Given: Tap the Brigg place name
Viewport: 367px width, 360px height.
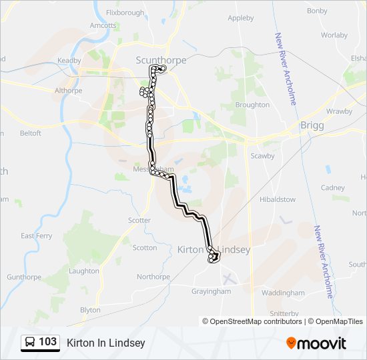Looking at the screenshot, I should pos(312,125).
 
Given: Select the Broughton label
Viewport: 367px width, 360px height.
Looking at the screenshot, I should pos(252,105).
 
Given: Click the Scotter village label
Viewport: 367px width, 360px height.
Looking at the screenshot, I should pos(139,220).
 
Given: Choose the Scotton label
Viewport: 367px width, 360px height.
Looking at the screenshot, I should pos(145,247).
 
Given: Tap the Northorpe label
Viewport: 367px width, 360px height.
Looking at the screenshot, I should pos(153,277).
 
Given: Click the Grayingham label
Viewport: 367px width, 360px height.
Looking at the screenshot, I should pos(211,291).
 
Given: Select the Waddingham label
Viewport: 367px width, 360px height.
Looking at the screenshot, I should pos(283,293).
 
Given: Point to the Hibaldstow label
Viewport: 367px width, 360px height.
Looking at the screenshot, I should pos(277,199).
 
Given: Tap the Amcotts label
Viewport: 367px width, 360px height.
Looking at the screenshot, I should pos(103,25).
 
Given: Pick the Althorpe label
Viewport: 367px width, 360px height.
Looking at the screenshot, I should pos(67,90).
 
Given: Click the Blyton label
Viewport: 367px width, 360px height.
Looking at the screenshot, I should pos(90,310).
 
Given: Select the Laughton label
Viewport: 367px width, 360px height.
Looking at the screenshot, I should pos(83,271).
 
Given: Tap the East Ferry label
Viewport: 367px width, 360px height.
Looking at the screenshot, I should pos(37,236).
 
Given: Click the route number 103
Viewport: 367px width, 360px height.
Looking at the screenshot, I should pos(48,342).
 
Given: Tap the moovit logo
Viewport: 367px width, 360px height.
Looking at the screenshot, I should pos(316,343).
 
